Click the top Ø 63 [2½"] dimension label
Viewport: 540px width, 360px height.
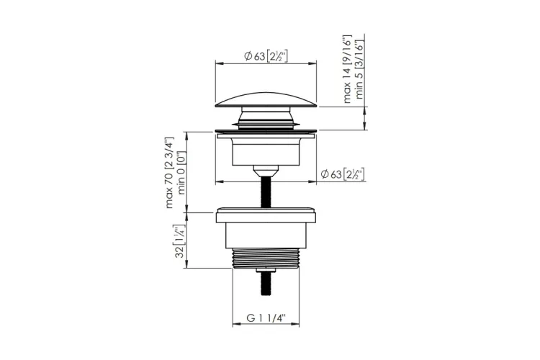coord(266,56)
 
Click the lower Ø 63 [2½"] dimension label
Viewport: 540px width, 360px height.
coord(343,174)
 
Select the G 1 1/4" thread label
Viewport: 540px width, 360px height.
coord(266,318)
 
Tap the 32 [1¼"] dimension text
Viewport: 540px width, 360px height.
coord(180,241)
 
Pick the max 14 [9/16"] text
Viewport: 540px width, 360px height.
coord(348,69)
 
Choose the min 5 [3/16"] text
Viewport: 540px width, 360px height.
coord(359,70)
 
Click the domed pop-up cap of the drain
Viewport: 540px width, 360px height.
coord(266,99)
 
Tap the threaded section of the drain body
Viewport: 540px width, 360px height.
coord(266,258)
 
